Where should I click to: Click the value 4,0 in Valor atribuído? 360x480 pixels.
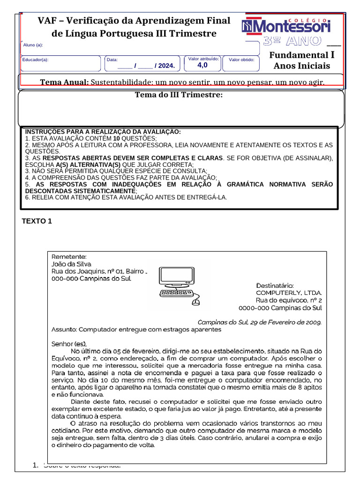click(x=202, y=65)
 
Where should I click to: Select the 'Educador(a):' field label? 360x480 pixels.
click(x=35, y=60)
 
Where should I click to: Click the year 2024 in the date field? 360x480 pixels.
click(x=166, y=66)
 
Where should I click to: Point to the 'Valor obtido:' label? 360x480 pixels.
click(x=241, y=60)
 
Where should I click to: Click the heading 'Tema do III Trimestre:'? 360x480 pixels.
click(x=179, y=95)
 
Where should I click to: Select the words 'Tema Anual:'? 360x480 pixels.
click(x=64, y=82)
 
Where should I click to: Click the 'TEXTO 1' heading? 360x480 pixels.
click(x=37, y=221)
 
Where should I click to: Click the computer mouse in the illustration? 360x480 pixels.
click(x=195, y=302)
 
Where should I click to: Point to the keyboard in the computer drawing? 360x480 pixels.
click(x=176, y=293)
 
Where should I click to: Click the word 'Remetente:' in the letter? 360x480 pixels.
click(x=68, y=256)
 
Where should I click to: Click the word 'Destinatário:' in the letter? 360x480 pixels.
click(x=275, y=285)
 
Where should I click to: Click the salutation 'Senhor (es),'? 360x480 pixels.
click(x=69, y=344)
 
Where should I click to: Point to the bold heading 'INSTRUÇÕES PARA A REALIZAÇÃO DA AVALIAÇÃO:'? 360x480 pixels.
click(x=103, y=132)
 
